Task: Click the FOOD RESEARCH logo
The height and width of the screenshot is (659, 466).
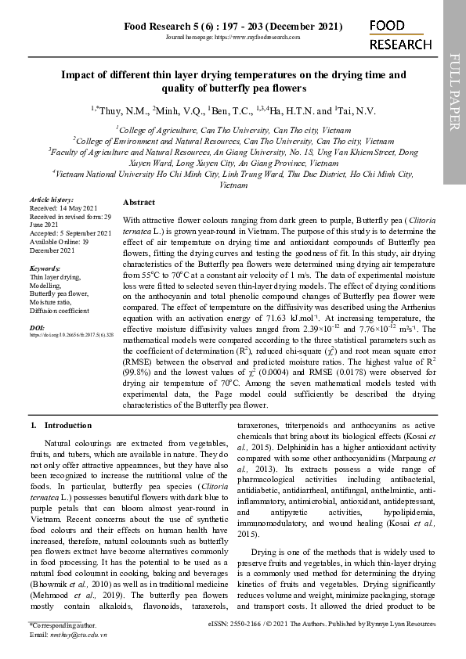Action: click(399, 35)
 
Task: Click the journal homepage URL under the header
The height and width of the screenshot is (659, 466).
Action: click(233, 38)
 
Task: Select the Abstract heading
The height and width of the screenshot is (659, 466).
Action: click(139, 202)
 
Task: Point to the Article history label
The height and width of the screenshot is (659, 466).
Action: click(51, 200)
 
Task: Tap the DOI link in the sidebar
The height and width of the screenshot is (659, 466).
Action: click(71, 334)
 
